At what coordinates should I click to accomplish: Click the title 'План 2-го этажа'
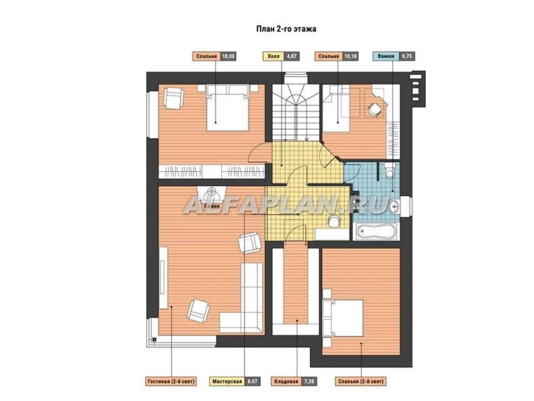click(286, 29)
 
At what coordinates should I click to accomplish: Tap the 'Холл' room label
click(273, 56)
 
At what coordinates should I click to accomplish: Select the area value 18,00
click(228, 56)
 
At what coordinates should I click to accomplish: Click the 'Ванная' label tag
click(386, 56)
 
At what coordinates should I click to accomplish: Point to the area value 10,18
click(350, 56)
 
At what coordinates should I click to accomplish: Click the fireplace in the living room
click(211, 194)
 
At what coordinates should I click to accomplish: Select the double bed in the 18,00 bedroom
click(227, 108)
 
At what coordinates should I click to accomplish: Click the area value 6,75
click(407, 56)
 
